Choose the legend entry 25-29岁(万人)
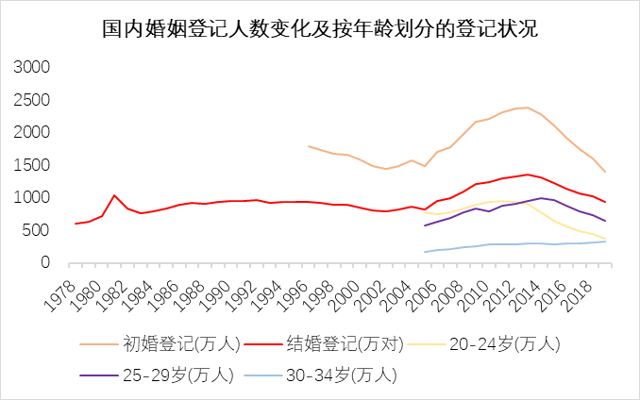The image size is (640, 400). point(175,375)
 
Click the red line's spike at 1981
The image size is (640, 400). point(114,195)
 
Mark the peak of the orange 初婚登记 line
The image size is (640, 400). point(527,108)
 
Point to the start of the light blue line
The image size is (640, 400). point(426,252)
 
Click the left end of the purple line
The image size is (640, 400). point(426,225)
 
